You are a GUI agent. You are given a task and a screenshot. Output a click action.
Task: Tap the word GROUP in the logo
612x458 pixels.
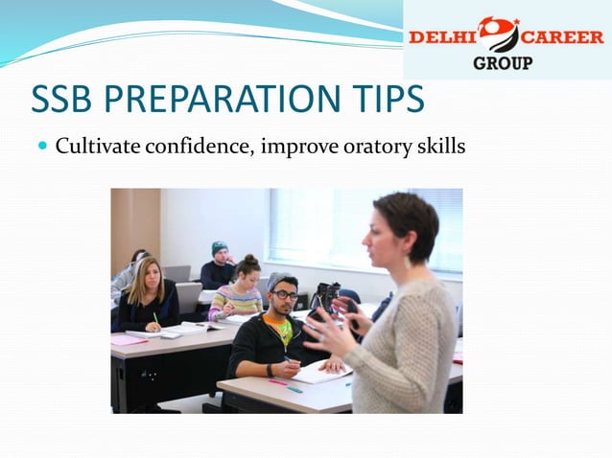click(502, 63)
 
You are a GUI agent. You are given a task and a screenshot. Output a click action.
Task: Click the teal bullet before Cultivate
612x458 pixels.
click(40, 148)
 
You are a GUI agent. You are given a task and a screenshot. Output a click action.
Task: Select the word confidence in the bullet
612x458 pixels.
click(197, 148)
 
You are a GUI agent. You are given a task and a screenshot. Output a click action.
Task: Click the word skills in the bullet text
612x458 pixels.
click(434, 148)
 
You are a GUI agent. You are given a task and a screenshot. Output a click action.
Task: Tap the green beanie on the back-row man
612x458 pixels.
click(220, 247)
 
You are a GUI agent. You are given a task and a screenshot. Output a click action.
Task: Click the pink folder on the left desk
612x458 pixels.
click(129, 339)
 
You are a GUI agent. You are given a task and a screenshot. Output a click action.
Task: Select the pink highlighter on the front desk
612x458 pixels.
click(277, 382)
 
